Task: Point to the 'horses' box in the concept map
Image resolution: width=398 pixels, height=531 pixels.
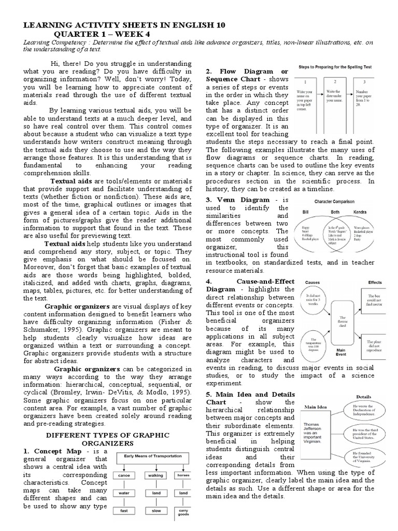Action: pyautogui.click(x=183, y=474)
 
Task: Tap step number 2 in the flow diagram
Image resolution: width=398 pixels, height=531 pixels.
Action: pyautogui.click(x=335, y=82)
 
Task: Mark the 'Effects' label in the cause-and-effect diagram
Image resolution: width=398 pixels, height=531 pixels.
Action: pyautogui.click(x=375, y=283)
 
